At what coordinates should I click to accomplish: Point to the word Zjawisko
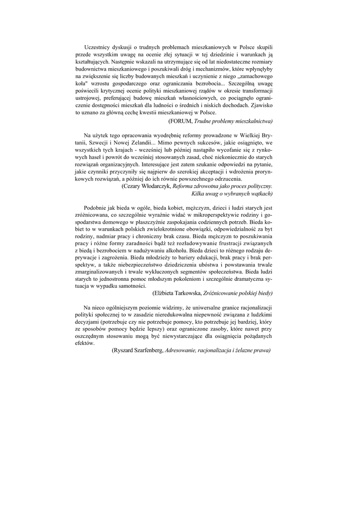tap(259, 106)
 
